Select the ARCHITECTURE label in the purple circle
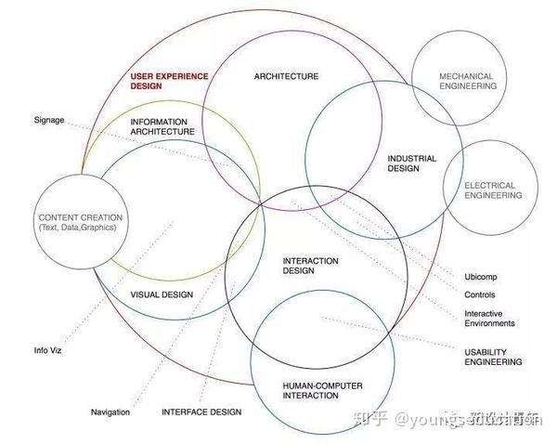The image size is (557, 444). point(286,76)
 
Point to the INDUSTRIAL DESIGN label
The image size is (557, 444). point(411,163)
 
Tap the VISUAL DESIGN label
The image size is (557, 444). point(162,294)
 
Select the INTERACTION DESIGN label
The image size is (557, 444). point(310,267)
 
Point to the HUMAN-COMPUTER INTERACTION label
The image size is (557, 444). point(322,390)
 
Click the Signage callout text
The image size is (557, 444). point(49,120)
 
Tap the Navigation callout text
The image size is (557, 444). point(110,411)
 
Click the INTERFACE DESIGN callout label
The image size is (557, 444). point(201,411)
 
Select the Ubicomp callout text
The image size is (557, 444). point(482,278)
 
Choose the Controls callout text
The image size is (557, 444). point(480,295)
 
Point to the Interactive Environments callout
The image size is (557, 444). point(489,319)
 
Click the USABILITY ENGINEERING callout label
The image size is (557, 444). point(492,357)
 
